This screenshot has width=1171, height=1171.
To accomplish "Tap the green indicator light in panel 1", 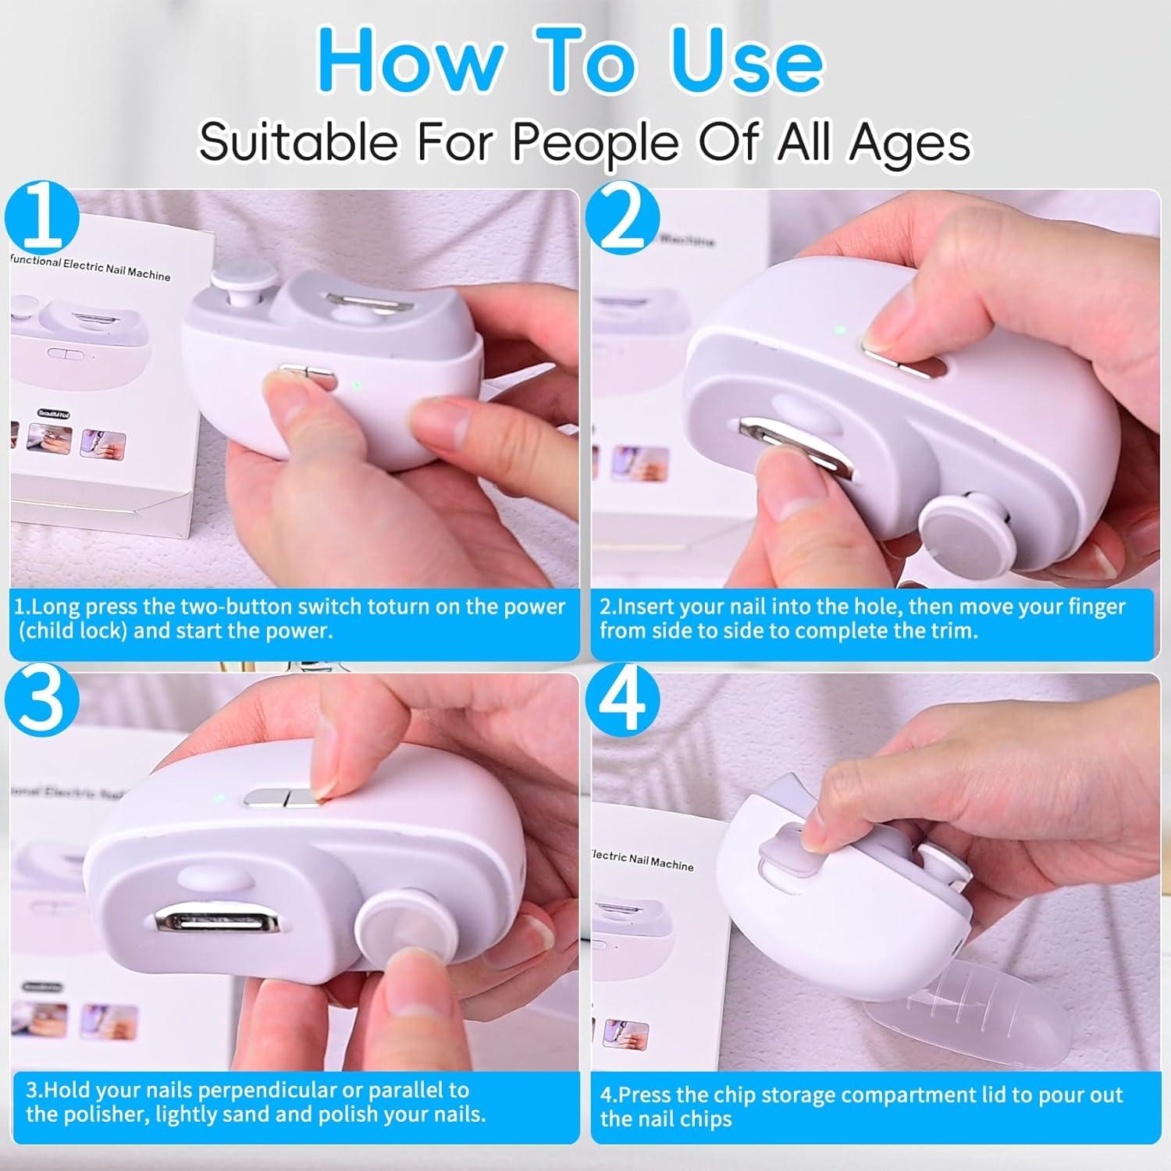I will tap(356, 385).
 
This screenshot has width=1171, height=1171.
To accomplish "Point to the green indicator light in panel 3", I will tap(219, 799).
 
